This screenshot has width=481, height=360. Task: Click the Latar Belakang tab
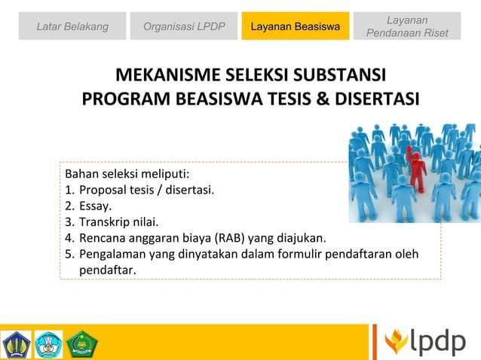tap(72, 27)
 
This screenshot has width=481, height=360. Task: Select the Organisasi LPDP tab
tap(184, 27)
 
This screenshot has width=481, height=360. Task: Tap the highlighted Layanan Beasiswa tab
tap(295, 27)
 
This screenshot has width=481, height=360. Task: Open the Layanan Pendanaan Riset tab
tap(406, 27)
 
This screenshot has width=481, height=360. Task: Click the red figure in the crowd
tap(415, 168)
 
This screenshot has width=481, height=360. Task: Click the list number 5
tap(69, 254)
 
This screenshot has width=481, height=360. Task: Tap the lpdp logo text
tap(438, 342)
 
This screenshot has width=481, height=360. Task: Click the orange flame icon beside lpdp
tap(396, 342)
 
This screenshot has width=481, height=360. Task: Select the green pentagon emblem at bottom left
tap(81, 344)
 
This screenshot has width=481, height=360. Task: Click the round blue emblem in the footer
tap(49, 344)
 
